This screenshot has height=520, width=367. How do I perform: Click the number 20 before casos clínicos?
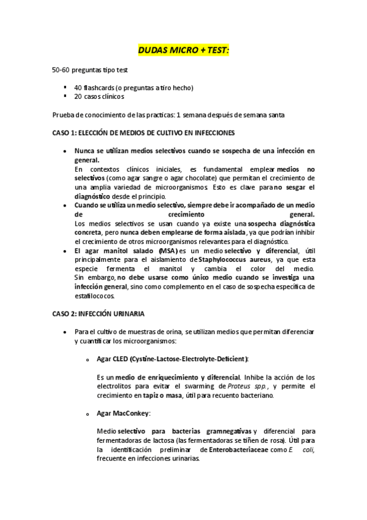78,96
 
